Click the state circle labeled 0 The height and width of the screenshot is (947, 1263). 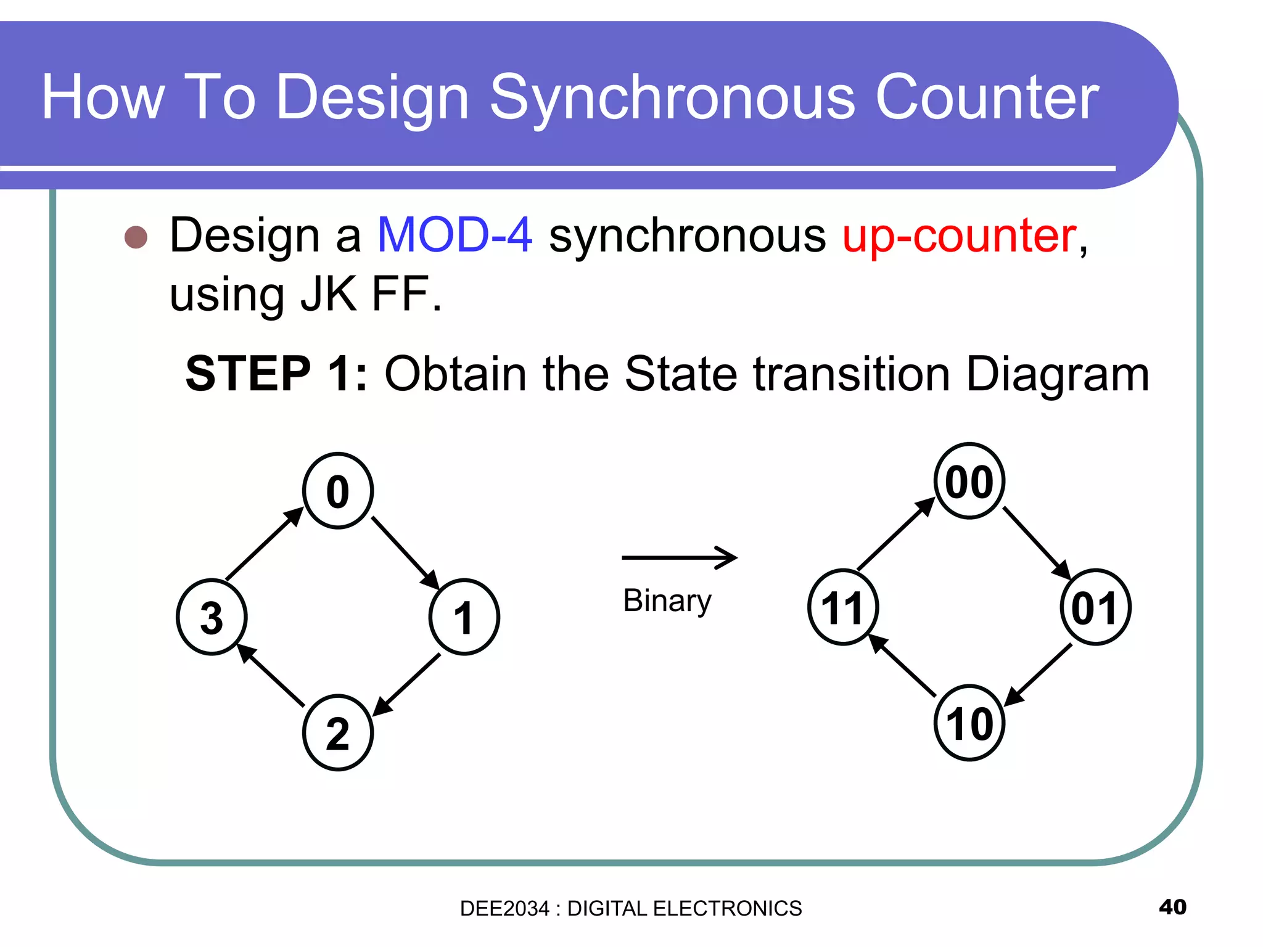click(x=338, y=491)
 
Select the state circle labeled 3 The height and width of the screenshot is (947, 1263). click(x=212, y=617)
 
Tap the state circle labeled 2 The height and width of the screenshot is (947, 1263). click(x=338, y=732)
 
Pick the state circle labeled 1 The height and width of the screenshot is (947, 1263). click(x=464, y=617)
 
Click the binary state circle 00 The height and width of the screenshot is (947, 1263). click(x=969, y=481)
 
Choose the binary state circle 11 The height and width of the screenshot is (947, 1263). click(x=843, y=607)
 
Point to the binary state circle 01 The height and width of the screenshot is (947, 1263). click(x=1095, y=607)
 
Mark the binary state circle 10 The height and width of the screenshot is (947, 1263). click(x=969, y=723)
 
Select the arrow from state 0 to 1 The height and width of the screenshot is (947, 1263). click(x=405, y=553)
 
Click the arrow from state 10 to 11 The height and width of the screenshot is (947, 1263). click(x=902, y=665)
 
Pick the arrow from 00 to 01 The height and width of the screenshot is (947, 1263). click(x=1037, y=543)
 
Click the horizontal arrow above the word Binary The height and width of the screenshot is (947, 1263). click(x=679, y=557)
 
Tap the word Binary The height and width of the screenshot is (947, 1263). click(x=667, y=601)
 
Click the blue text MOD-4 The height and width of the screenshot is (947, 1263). click(x=455, y=235)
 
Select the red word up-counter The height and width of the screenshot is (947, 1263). click(x=960, y=236)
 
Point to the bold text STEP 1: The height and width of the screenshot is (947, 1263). click(x=276, y=374)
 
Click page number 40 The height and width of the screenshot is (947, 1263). click(x=1172, y=907)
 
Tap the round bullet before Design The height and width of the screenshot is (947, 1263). click(x=136, y=237)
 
